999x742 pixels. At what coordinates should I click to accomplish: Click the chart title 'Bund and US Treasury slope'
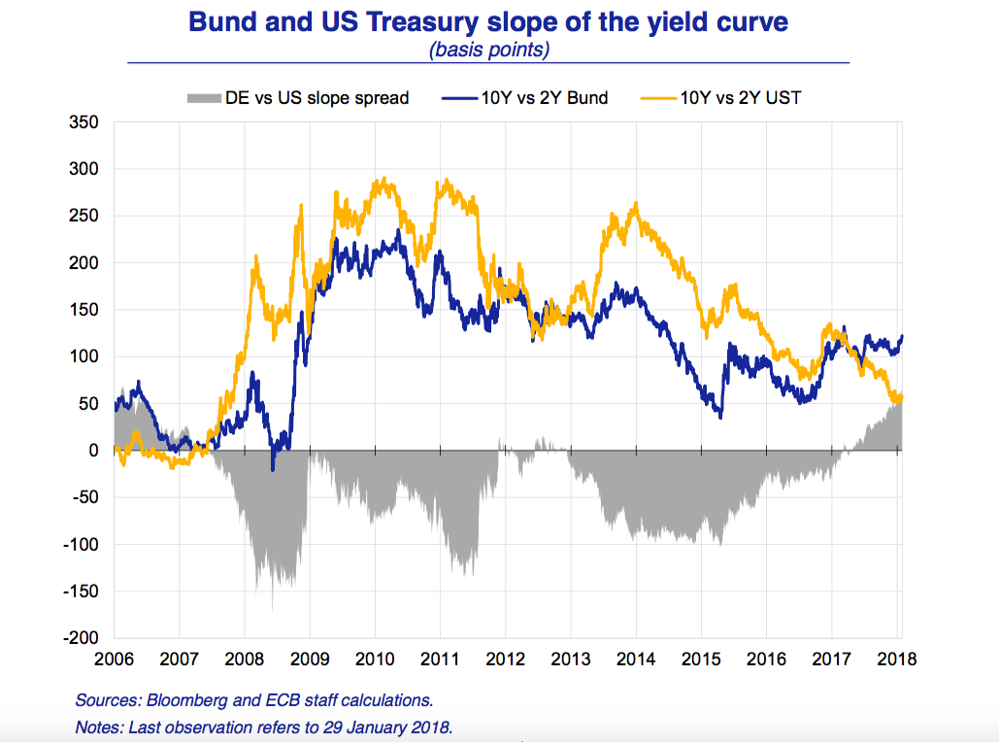[x=488, y=21]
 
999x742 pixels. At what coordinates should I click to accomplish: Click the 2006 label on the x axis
[x=114, y=658]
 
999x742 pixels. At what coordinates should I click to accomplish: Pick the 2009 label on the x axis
[x=310, y=658]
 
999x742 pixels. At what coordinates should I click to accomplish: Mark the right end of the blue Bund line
[x=902, y=337]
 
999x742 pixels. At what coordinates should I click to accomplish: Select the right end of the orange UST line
[x=902, y=395]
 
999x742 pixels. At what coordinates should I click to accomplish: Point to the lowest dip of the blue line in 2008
[x=273, y=470]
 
